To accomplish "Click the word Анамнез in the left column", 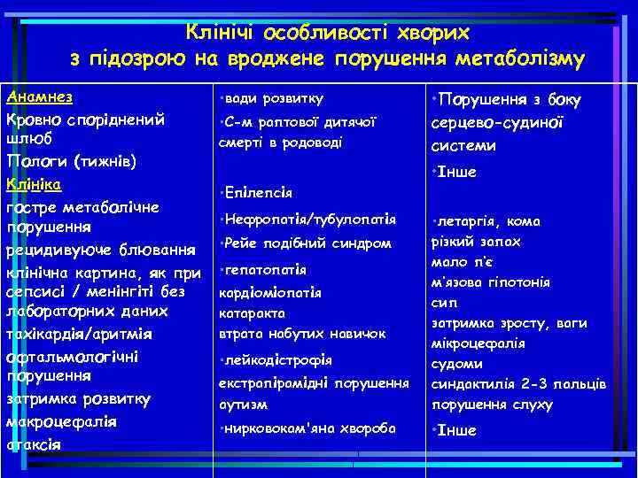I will click(x=39, y=96).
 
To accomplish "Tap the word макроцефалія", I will click(x=61, y=421).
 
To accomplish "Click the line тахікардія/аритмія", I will click(x=79, y=335).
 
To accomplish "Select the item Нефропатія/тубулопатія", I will click(x=310, y=219).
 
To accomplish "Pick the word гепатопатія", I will click(x=265, y=269).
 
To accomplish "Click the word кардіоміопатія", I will click(x=270, y=292).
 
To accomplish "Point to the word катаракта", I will click(x=252, y=312).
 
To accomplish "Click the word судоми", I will click(x=456, y=364).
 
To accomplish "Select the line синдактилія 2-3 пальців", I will click(x=518, y=384).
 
